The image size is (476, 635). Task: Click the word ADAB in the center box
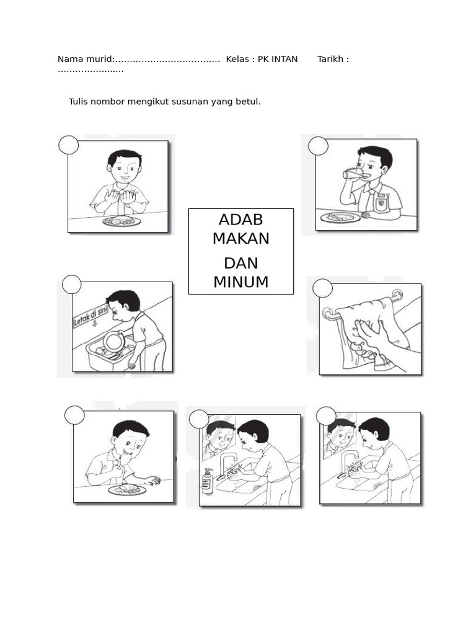tap(240, 220)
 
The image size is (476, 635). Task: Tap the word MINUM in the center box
tap(240, 282)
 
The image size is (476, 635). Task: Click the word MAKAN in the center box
tap(240, 238)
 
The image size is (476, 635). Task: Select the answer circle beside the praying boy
tap(69, 145)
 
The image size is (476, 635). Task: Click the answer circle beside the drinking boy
tap(318, 146)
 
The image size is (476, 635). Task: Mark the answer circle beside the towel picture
tap(322, 288)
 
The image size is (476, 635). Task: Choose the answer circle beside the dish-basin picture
tap(72, 284)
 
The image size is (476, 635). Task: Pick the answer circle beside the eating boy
tap(74, 415)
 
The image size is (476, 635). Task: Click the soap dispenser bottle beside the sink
tap(208, 482)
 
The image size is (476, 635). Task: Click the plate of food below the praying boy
tap(121, 221)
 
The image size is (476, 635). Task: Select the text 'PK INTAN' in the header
tap(278, 60)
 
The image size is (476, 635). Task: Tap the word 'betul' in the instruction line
tap(248, 101)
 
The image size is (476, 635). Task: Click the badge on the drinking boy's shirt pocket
tap(382, 200)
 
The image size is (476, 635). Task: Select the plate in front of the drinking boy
tap(340, 217)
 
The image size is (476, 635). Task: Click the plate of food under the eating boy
tap(127, 490)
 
